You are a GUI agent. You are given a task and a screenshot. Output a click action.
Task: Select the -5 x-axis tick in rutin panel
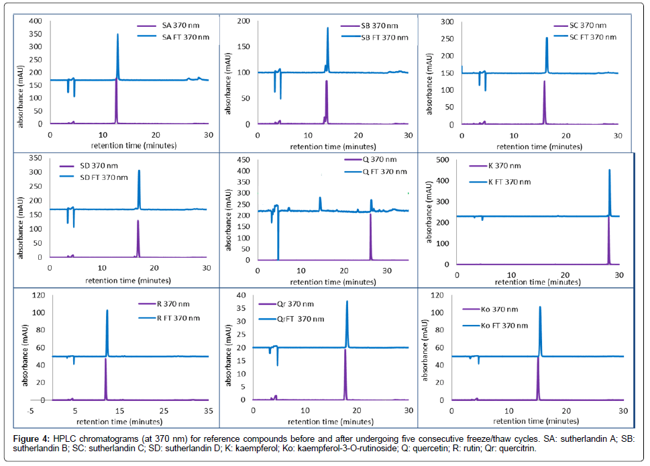pos(30,410)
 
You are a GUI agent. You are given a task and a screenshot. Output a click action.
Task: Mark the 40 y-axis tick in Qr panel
pos(244,295)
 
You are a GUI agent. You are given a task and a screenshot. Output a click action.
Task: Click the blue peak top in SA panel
pos(118,34)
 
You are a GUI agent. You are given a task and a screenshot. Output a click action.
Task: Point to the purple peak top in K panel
pos(608,218)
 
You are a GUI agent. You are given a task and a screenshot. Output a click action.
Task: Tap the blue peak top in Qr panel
pos(347,301)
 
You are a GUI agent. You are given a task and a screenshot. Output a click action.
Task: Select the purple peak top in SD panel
pos(138,221)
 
